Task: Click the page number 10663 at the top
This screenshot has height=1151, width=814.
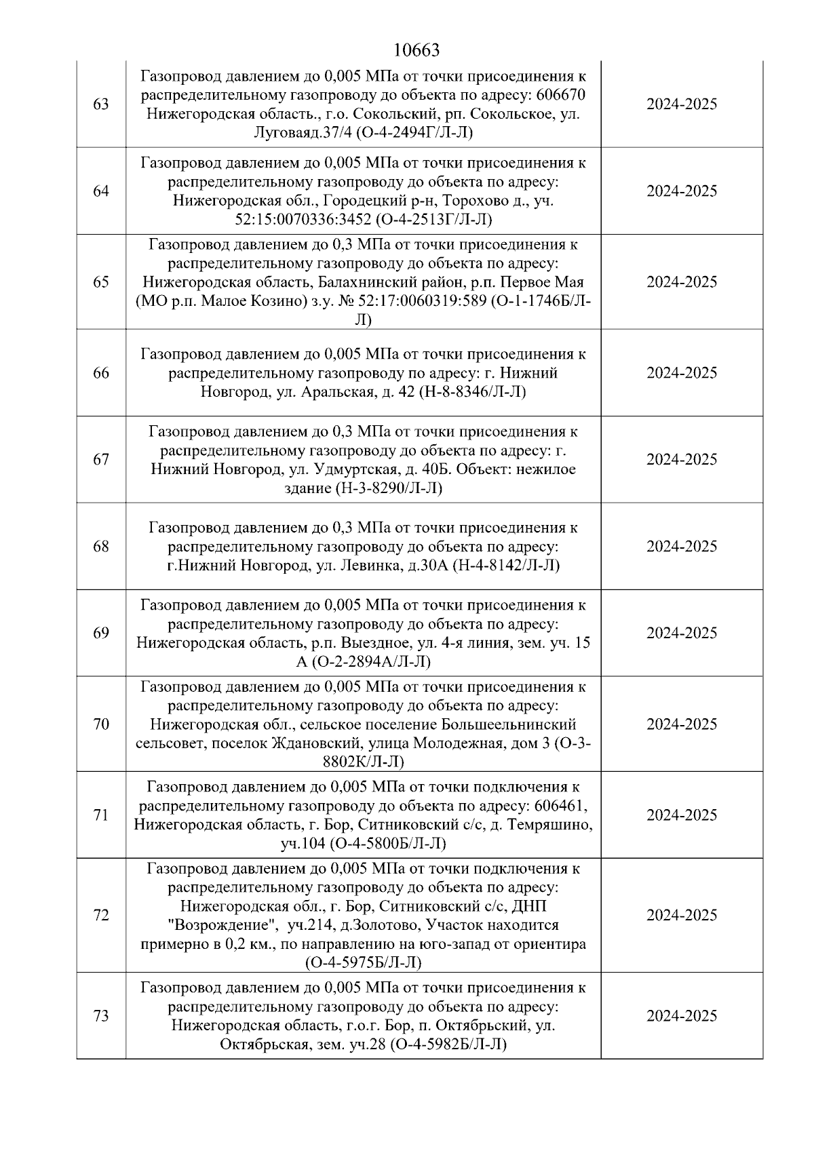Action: (416, 50)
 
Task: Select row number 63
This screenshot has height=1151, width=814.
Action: (100, 104)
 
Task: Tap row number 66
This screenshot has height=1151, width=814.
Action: (100, 373)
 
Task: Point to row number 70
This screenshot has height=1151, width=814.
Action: (100, 724)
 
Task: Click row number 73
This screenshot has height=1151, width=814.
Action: (100, 1016)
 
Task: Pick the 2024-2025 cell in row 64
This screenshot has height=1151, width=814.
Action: (681, 191)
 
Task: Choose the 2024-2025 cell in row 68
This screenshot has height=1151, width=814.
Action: (681, 547)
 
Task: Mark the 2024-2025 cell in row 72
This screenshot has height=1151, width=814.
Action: (681, 916)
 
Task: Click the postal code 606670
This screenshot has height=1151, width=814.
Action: (560, 94)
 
